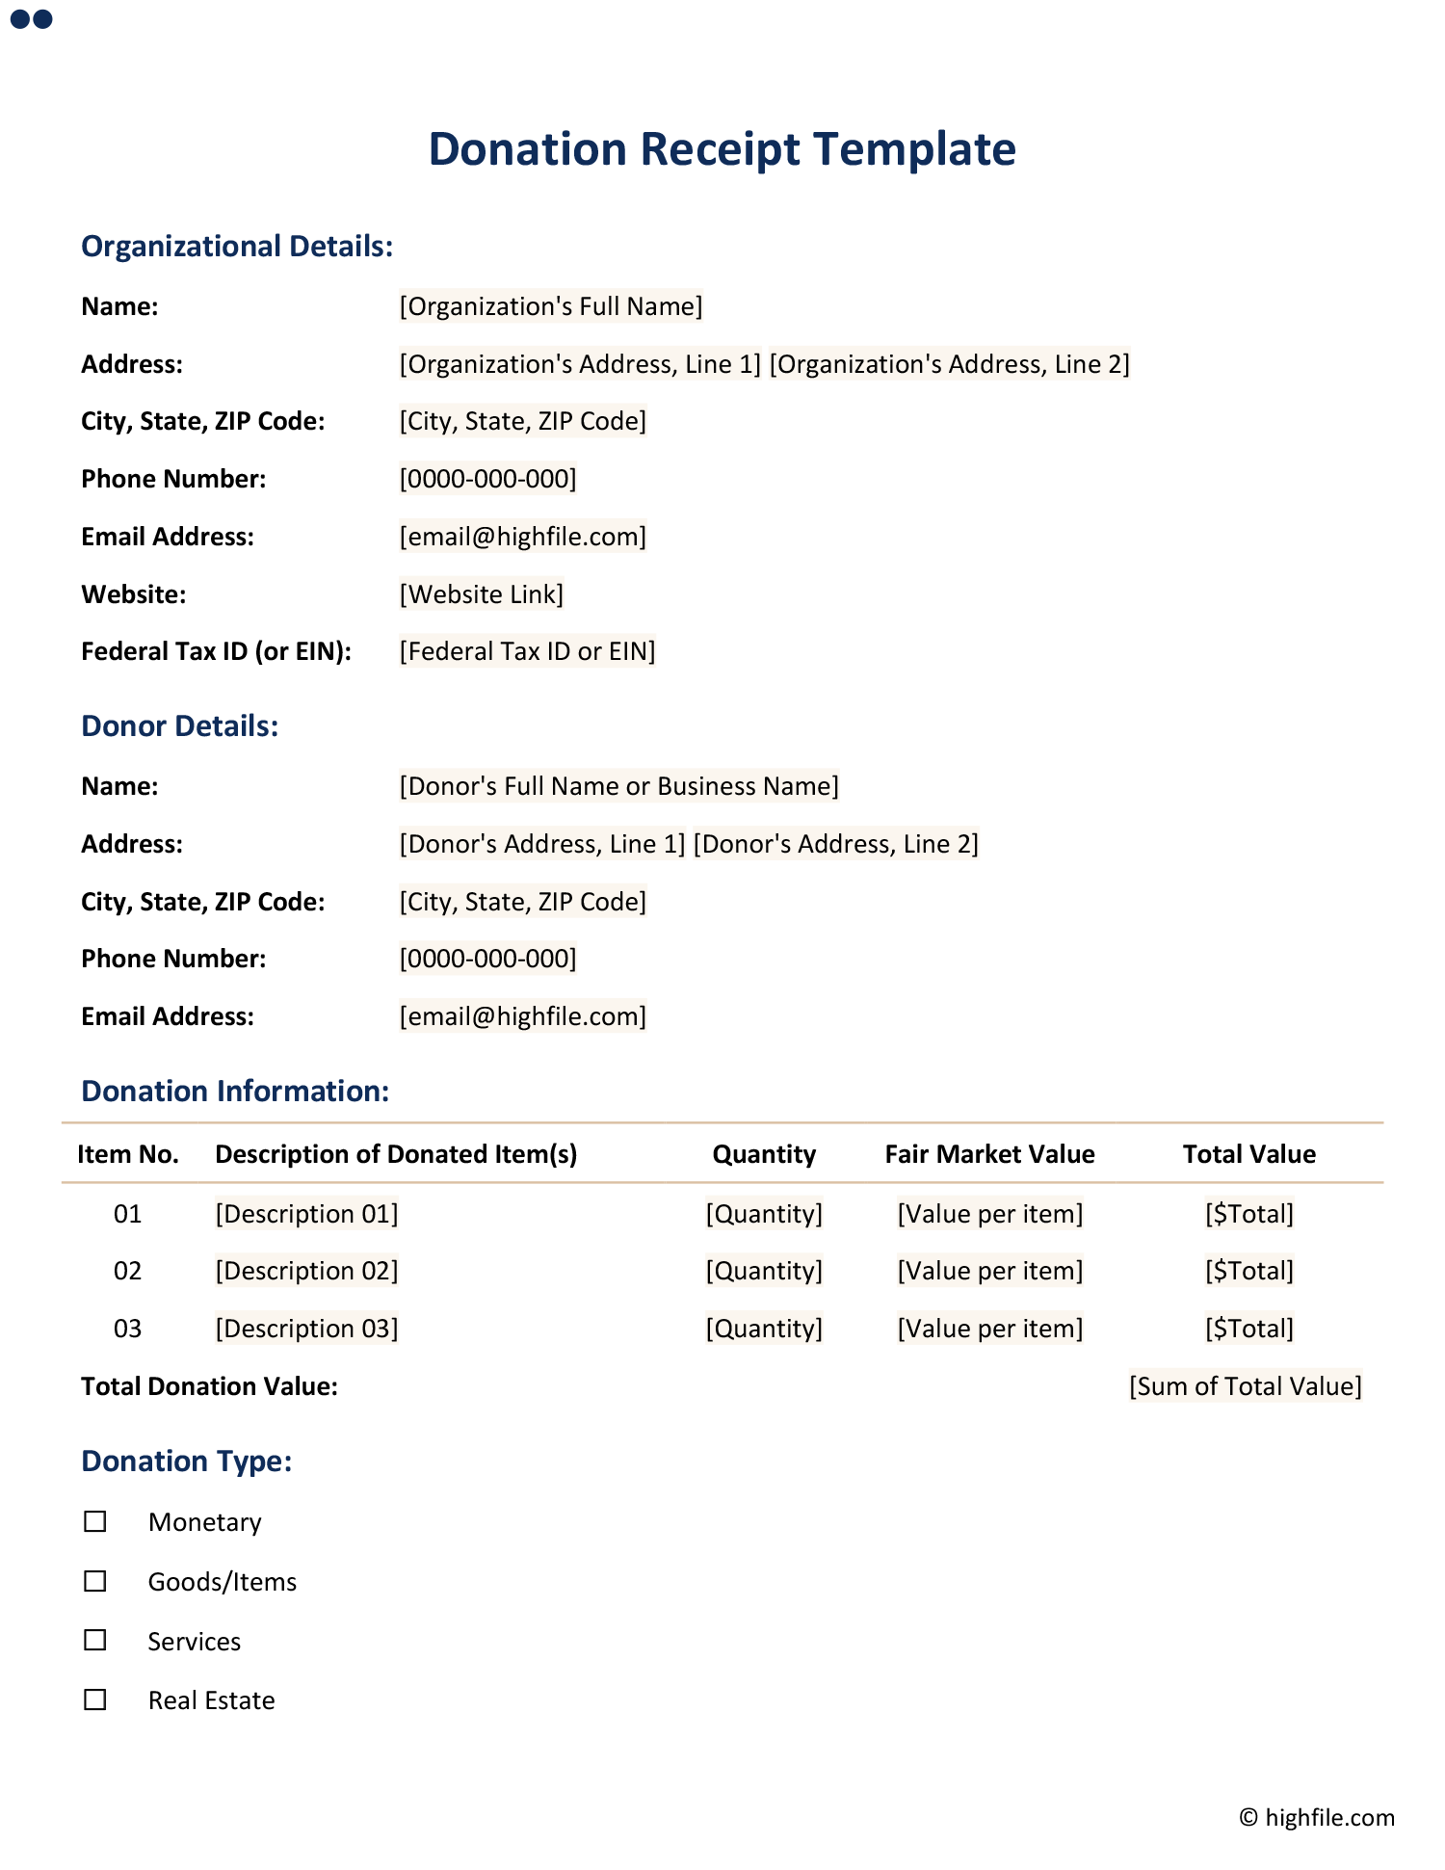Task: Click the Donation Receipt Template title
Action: click(x=722, y=149)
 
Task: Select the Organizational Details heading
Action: click(x=237, y=247)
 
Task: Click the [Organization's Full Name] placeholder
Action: click(x=551, y=306)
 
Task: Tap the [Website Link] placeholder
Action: click(x=482, y=594)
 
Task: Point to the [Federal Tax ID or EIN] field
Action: click(x=527, y=652)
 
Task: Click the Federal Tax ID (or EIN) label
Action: click(x=216, y=652)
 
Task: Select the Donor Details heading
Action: click(x=180, y=726)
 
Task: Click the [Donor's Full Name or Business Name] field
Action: click(x=619, y=787)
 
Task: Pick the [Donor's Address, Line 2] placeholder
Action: click(x=836, y=845)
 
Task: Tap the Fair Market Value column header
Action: click(x=989, y=1154)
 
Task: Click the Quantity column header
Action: click(x=764, y=1154)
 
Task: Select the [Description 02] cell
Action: click(x=306, y=1272)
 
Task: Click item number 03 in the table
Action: click(x=127, y=1330)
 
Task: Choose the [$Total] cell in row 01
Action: click(x=1249, y=1214)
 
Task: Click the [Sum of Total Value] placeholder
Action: click(x=1246, y=1386)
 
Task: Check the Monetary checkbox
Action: click(x=95, y=1522)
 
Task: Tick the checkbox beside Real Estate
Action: click(x=95, y=1700)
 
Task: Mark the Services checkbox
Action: click(x=95, y=1641)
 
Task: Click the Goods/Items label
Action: click(x=223, y=1582)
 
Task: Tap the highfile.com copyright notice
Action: click(x=1317, y=1818)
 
